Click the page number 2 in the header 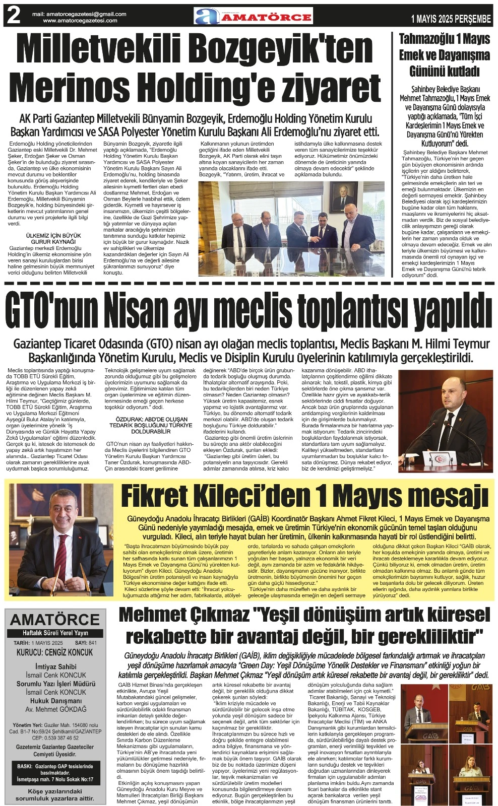13,16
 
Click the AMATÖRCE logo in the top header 255,17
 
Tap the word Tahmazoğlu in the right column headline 427,39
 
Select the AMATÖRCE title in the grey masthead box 55,620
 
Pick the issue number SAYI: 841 86,643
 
